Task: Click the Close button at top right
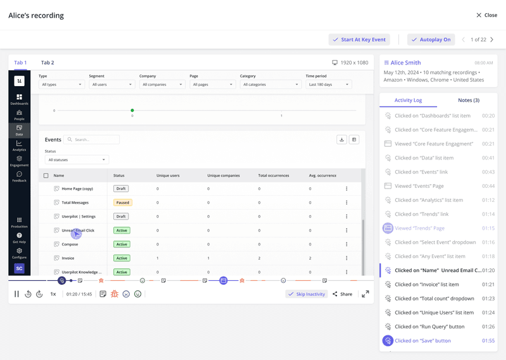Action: (x=486, y=15)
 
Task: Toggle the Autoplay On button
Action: (x=431, y=39)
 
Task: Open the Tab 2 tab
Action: (x=47, y=63)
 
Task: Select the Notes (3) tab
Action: (x=468, y=100)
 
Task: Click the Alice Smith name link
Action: (x=405, y=63)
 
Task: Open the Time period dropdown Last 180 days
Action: (x=328, y=84)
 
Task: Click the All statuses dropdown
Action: (x=77, y=160)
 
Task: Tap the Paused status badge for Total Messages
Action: (x=122, y=202)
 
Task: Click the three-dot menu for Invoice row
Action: (x=347, y=258)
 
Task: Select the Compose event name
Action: (x=70, y=244)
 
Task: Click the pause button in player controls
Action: (x=17, y=294)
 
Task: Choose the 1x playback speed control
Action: (x=53, y=294)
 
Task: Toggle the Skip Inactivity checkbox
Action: (x=306, y=294)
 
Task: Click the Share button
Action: (x=342, y=294)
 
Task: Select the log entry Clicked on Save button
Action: (x=423, y=340)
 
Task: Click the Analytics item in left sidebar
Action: (x=19, y=146)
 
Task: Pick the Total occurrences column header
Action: (x=274, y=175)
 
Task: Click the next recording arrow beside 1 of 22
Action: (x=492, y=39)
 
